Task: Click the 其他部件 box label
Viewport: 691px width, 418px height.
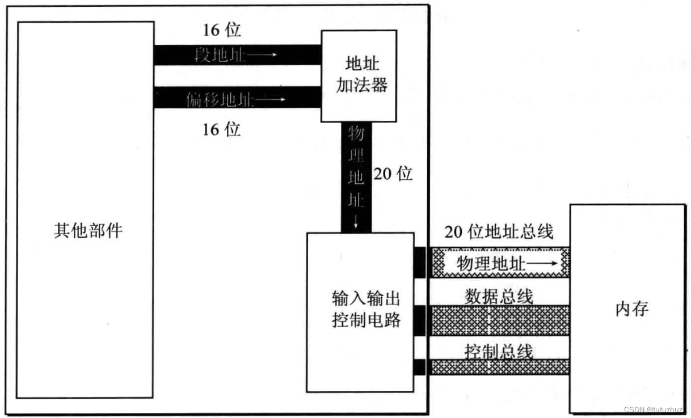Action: (88, 231)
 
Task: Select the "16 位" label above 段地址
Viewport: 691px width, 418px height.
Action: (222, 31)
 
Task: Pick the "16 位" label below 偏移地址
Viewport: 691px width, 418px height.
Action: (222, 130)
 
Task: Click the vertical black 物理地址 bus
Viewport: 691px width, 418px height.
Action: (356, 170)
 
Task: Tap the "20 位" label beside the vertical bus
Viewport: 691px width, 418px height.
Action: (393, 174)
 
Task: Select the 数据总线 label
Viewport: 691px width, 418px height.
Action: (499, 297)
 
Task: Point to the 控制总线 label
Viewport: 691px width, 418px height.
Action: (499, 351)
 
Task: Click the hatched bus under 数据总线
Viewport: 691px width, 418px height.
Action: (499, 320)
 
